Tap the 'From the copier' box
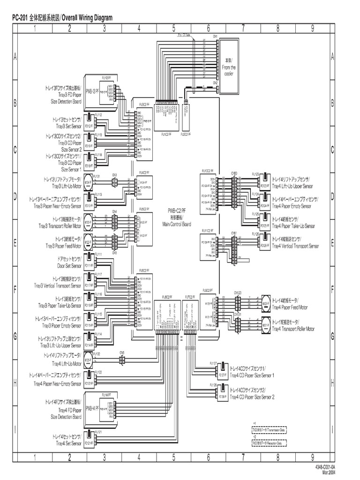(229, 67)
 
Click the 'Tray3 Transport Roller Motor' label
(60, 226)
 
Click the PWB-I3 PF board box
(99, 92)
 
